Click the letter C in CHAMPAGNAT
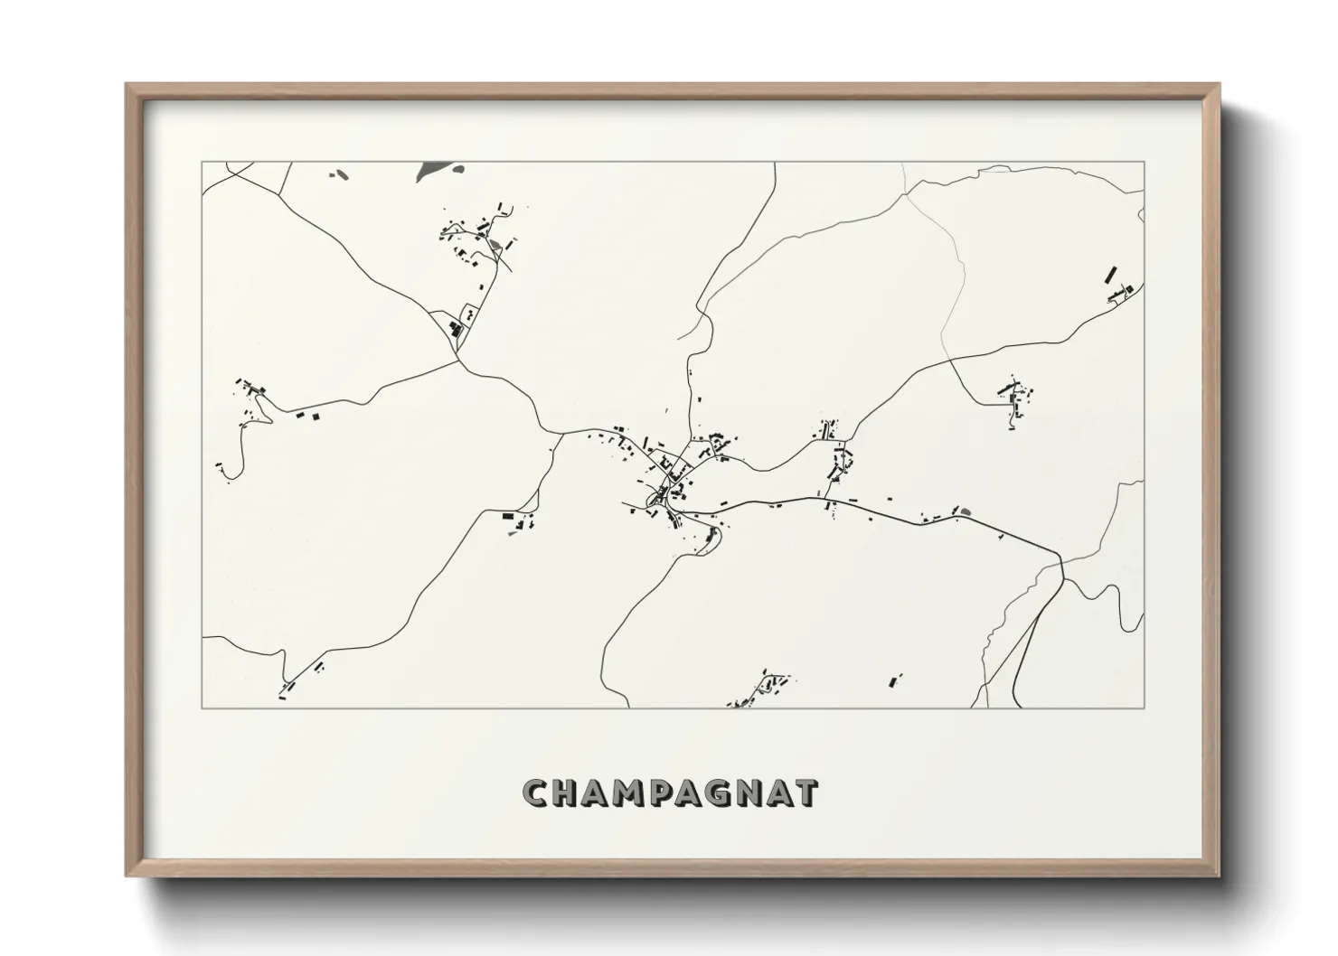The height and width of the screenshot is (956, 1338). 536,792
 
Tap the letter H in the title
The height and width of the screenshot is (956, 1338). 567,792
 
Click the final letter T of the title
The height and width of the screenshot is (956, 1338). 806,792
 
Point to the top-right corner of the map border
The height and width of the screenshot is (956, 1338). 1144,162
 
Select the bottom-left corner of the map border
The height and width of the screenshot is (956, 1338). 202,708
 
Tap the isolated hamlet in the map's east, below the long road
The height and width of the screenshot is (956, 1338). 1014,399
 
